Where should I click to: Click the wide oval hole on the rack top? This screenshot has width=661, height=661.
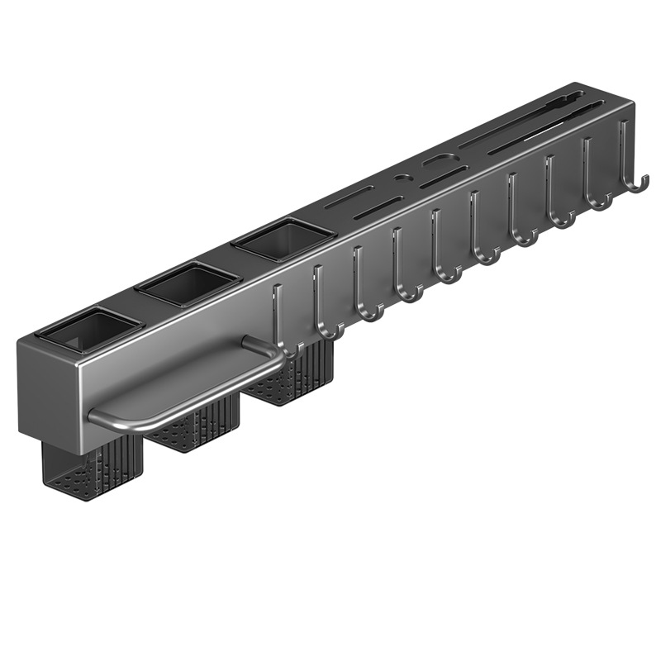tap(437, 159)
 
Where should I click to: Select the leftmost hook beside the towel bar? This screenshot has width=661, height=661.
tap(281, 330)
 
